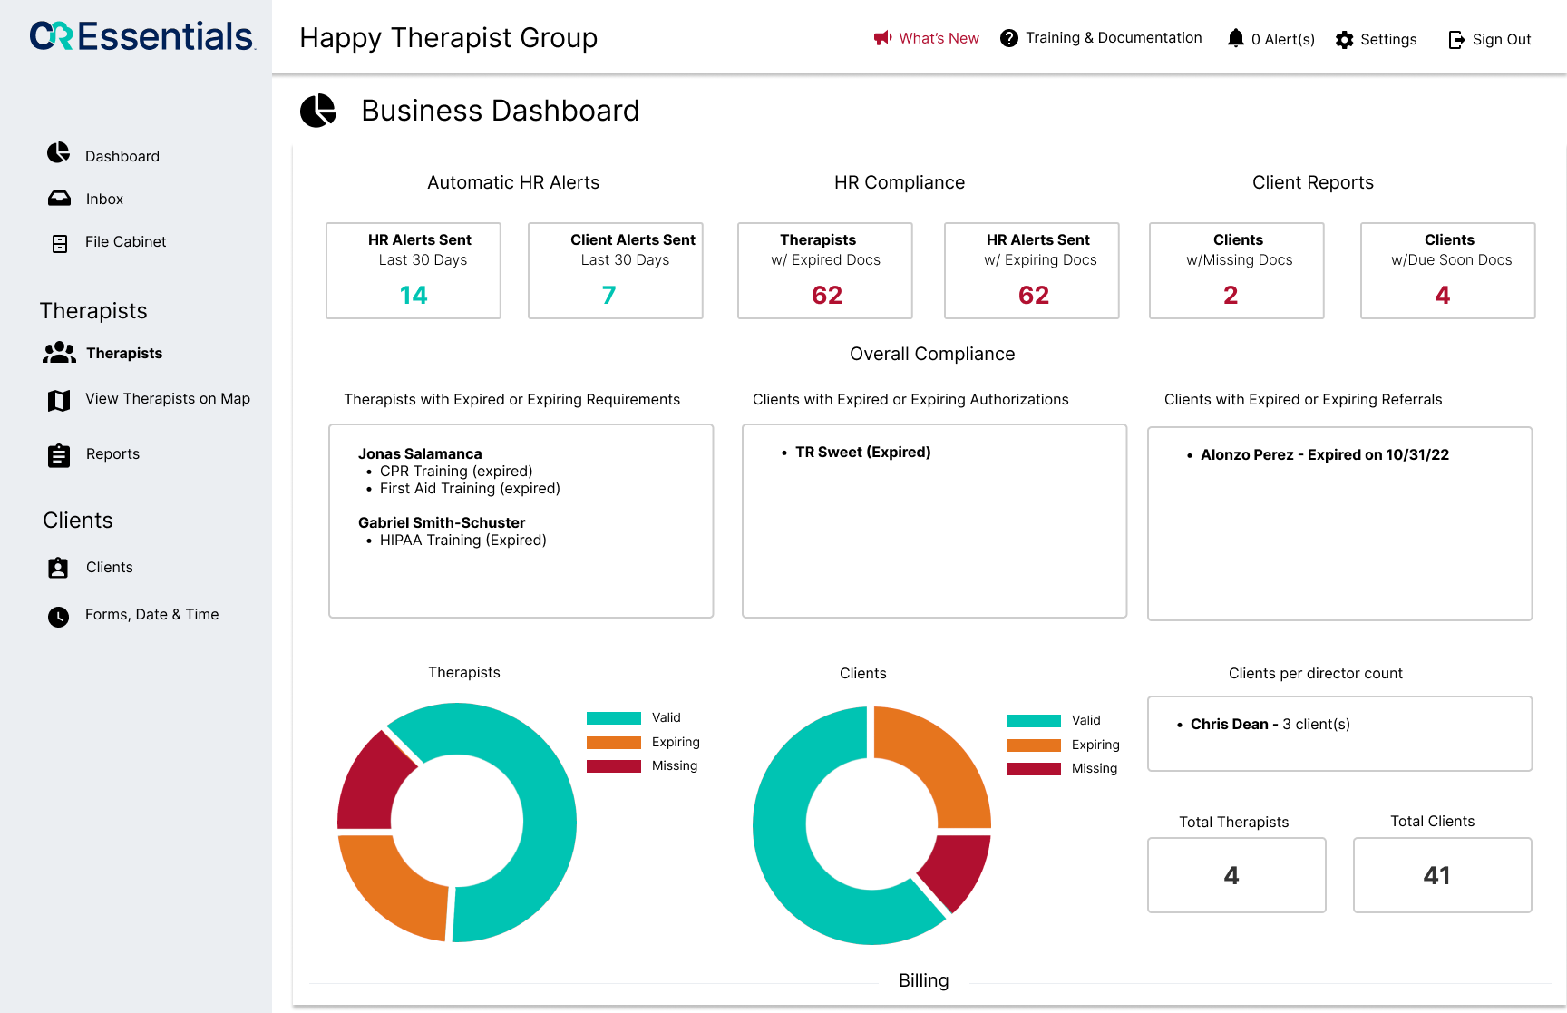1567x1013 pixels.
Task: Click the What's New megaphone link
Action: coord(926,38)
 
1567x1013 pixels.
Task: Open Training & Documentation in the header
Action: coord(1101,38)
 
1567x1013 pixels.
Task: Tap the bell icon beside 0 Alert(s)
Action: coord(1235,38)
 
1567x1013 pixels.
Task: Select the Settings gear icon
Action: coord(1345,40)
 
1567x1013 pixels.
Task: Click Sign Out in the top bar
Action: coord(1490,40)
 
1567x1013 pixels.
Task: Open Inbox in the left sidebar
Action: coord(104,199)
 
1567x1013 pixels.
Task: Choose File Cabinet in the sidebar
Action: coord(125,242)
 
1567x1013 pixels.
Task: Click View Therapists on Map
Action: coord(167,399)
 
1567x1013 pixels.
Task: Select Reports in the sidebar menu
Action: coord(112,454)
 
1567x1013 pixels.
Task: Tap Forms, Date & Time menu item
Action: coord(151,615)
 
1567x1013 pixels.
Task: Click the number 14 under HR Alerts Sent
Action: coord(414,296)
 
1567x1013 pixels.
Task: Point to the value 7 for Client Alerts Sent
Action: coord(608,296)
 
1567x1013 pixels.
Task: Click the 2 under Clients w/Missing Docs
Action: coord(1231,296)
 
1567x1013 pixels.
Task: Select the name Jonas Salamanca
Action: coord(420,453)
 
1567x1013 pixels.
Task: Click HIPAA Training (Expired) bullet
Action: coord(462,541)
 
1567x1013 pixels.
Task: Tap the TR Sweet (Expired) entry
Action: coord(862,452)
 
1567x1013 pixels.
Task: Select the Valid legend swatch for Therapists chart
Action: coord(614,718)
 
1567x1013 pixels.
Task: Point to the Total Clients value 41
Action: coord(1437,875)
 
